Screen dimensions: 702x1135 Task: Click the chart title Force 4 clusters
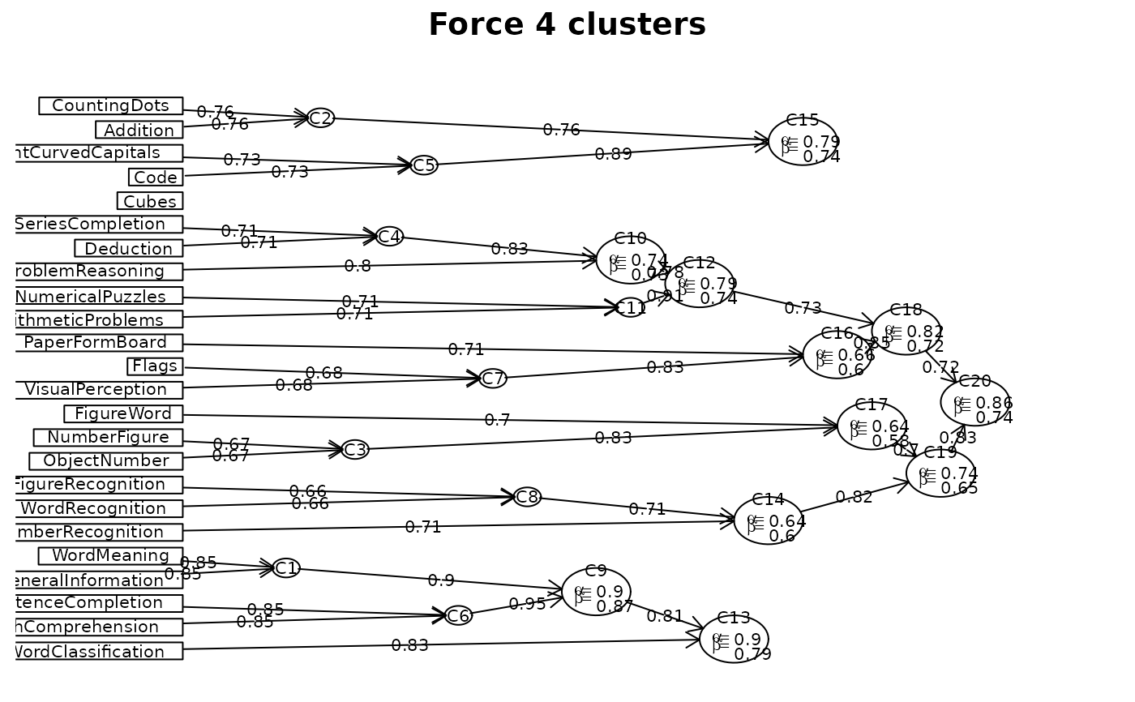(x=567, y=25)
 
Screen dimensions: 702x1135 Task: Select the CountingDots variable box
(x=110, y=105)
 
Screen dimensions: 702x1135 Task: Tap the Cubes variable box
(x=150, y=200)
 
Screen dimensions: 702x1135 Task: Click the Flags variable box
(x=155, y=366)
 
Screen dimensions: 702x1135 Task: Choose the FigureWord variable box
(x=123, y=413)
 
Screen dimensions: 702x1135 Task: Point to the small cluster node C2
(x=320, y=118)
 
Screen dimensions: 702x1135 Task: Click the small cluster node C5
(x=424, y=165)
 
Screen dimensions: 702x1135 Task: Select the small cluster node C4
(x=389, y=237)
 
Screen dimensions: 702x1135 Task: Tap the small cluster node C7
(x=493, y=379)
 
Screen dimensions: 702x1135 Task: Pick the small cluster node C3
(x=355, y=450)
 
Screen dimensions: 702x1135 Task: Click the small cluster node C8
(x=527, y=497)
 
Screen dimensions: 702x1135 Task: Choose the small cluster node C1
(x=286, y=568)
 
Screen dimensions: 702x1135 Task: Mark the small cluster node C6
(x=458, y=616)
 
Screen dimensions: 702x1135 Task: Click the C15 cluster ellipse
(x=803, y=142)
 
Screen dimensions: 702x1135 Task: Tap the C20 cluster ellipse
(x=975, y=402)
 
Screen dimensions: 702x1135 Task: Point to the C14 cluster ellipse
(x=769, y=520)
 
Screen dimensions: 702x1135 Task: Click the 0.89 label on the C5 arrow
(x=613, y=154)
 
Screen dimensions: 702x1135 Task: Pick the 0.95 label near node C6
(x=527, y=603)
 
